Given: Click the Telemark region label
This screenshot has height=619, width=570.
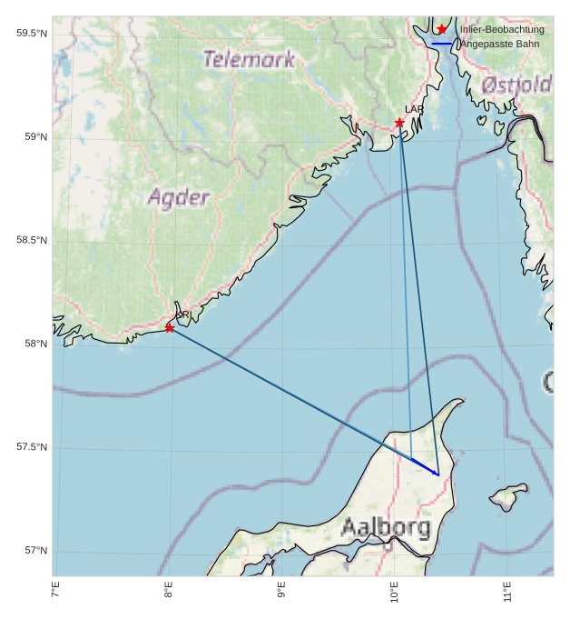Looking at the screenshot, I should (249, 60).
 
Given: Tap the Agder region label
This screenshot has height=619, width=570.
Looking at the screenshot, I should (178, 197).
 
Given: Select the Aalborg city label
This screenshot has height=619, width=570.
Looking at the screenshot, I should (386, 527).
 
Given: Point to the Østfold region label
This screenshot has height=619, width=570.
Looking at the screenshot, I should (516, 85).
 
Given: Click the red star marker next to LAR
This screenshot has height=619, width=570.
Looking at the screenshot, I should (399, 123).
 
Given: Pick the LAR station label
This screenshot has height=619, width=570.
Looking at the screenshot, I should (414, 110).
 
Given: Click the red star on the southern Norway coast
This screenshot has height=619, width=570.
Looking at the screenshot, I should (170, 327).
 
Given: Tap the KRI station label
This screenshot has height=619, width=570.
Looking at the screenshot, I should (182, 315).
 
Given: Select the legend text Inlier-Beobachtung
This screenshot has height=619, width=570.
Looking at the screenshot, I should (502, 29).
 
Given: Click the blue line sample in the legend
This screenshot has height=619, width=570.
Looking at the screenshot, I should (442, 44).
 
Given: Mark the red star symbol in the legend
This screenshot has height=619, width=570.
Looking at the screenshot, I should (442, 29).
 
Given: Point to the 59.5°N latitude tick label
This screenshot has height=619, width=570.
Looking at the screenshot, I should (32, 34).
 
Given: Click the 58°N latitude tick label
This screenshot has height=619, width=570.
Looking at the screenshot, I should (35, 344).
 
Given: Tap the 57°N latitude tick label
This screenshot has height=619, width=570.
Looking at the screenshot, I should (35, 551).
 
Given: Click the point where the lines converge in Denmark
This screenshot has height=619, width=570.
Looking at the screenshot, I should (438, 474).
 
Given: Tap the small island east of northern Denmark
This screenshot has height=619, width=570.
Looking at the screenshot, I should (509, 496).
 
